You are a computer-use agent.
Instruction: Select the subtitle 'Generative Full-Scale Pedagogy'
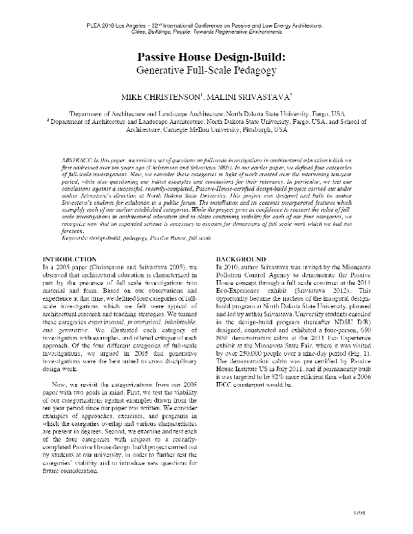[206, 70]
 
